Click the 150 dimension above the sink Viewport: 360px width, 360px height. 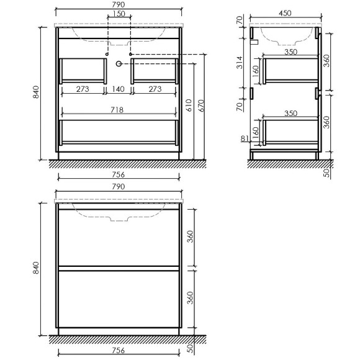(x=119, y=14)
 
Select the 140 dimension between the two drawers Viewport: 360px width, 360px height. (x=119, y=89)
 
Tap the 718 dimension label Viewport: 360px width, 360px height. (x=119, y=110)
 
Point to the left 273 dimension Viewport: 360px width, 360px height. (x=82, y=89)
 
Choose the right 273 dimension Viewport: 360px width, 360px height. (x=156, y=89)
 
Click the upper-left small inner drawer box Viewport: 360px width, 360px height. (x=82, y=70)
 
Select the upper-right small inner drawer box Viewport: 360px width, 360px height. (x=156, y=70)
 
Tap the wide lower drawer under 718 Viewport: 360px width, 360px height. (x=119, y=132)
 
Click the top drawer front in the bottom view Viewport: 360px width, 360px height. (x=119, y=239)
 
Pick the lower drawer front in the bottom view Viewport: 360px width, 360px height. (x=119, y=299)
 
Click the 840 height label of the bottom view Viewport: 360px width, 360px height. (x=37, y=269)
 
